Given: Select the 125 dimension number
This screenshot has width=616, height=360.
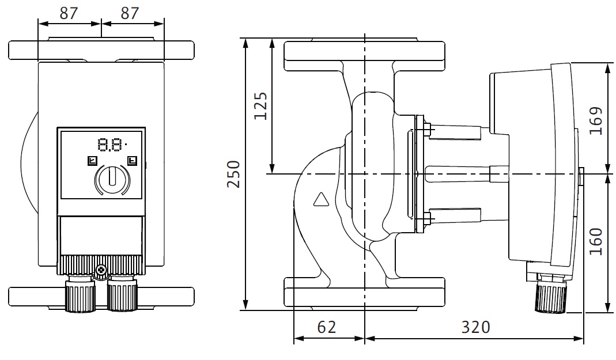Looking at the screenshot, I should (261, 105).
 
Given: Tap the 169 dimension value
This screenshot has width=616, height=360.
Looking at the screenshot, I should (596, 120).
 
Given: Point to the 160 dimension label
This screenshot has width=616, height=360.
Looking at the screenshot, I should (596, 242).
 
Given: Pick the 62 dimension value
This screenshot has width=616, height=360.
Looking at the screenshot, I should (326, 327).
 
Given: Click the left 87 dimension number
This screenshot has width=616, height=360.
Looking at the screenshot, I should (69, 13).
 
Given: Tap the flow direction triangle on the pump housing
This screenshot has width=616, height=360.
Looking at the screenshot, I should (320, 200).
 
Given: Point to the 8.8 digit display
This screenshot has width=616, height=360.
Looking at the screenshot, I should (110, 144).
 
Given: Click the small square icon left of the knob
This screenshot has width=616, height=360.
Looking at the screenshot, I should (92, 161).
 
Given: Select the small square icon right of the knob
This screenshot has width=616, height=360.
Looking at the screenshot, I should (133, 161).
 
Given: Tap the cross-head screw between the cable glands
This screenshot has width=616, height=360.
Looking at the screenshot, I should (101, 269).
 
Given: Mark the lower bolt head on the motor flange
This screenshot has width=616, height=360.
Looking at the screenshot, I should (427, 218).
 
